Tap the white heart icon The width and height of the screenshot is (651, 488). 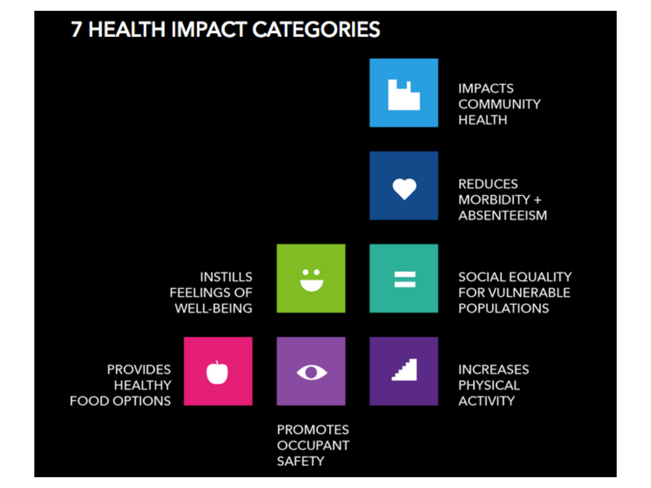pyautogui.click(x=404, y=189)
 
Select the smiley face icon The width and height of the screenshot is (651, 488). pyautogui.click(x=312, y=280)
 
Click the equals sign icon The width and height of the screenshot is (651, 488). pyautogui.click(x=405, y=280)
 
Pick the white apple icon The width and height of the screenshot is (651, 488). pyautogui.click(x=217, y=372)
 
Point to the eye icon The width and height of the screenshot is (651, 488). pyautogui.click(x=312, y=372)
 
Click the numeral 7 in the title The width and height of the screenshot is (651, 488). pyautogui.click(x=76, y=30)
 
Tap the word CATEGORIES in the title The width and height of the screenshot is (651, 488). pyautogui.click(x=316, y=30)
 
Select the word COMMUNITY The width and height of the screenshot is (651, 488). pyautogui.click(x=500, y=104)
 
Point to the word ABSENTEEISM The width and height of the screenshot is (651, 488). pyautogui.click(x=503, y=216)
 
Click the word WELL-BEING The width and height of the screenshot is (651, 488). pyautogui.click(x=214, y=309)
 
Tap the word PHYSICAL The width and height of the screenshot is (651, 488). pyautogui.click(x=489, y=386)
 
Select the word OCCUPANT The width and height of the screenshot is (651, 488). pyautogui.click(x=313, y=445)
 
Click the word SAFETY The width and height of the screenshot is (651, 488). pyautogui.click(x=301, y=461)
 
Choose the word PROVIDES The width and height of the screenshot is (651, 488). pyautogui.click(x=139, y=370)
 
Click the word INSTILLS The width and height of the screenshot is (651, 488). pyautogui.click(x=226, y=277)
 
